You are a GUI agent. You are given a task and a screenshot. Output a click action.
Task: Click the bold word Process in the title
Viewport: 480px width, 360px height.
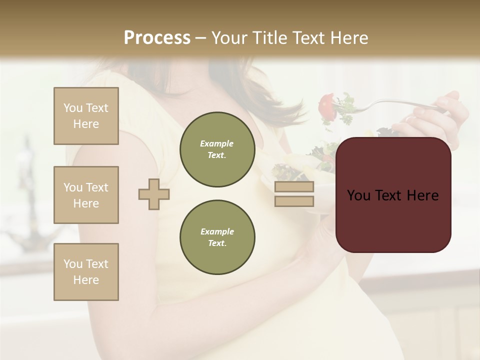(x=157, y=38)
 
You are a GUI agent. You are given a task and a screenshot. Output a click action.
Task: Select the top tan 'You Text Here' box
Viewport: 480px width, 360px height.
(x=86, y=116)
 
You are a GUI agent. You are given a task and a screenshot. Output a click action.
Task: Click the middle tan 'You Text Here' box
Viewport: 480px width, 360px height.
(x=86, y=195)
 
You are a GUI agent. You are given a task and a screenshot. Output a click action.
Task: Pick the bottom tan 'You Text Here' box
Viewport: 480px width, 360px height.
(x=86, y=272)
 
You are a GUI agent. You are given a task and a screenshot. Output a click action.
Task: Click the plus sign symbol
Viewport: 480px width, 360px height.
(x=154, y=194)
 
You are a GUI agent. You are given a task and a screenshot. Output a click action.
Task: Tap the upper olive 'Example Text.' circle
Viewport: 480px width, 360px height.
(x=217, y=149)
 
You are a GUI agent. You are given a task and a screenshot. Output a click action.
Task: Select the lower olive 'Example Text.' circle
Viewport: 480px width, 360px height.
(x=217, y=237)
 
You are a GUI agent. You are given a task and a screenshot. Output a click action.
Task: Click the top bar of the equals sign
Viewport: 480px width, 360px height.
(x=294, y=187)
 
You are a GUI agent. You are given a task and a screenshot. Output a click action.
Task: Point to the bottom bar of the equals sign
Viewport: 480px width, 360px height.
(x=294, y=201)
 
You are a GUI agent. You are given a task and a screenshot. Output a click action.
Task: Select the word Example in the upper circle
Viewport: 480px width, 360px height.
(x=217, y=144)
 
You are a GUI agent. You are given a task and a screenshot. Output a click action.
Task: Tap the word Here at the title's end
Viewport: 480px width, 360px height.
(x=348, y=38)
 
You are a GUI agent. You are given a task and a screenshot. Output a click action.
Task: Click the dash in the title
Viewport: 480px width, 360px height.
(x=201, y=38)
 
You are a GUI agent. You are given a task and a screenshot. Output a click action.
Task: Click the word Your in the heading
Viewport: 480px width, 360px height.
(x=228, y=38)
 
